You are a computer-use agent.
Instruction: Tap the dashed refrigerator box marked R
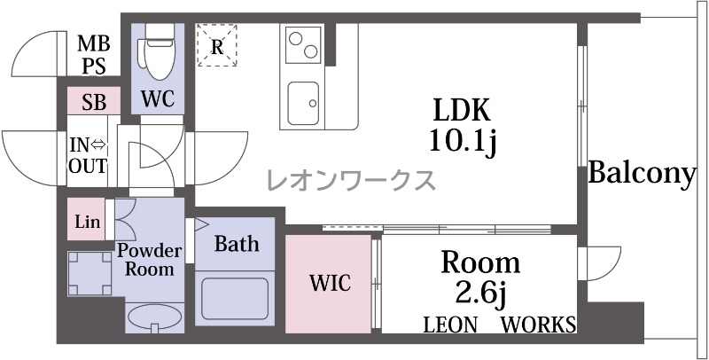[x=217, y=45]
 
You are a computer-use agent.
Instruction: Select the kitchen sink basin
[x=303, y=104]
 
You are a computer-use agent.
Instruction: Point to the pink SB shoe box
[x=94, y=101]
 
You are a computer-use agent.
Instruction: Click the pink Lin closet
[x=87, y=219]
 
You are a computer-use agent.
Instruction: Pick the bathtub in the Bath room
[x=235, y=299]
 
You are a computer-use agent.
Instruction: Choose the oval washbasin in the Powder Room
[x=155, y=317]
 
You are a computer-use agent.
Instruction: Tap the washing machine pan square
[x=90, y=273]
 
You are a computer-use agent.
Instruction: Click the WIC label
[x=330, y=283]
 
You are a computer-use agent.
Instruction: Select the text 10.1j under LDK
[x=464, y=143]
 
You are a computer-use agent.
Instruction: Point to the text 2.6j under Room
[x=480, y=296]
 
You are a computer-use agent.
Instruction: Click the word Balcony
[x=642, y=174]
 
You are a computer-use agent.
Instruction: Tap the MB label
[x=94, y=44]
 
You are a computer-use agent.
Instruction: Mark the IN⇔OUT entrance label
[x=88, y=155]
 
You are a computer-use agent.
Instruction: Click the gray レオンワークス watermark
[x=351, y=180]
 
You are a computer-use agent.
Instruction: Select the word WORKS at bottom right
[x=539, y=325]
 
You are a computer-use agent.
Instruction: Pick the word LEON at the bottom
[x=450, y=325]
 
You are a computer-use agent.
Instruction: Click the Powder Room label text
[x=149, y=260]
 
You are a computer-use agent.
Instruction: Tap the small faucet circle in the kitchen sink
[x=313, y=103]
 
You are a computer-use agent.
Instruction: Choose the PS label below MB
[x=94, y=66]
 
